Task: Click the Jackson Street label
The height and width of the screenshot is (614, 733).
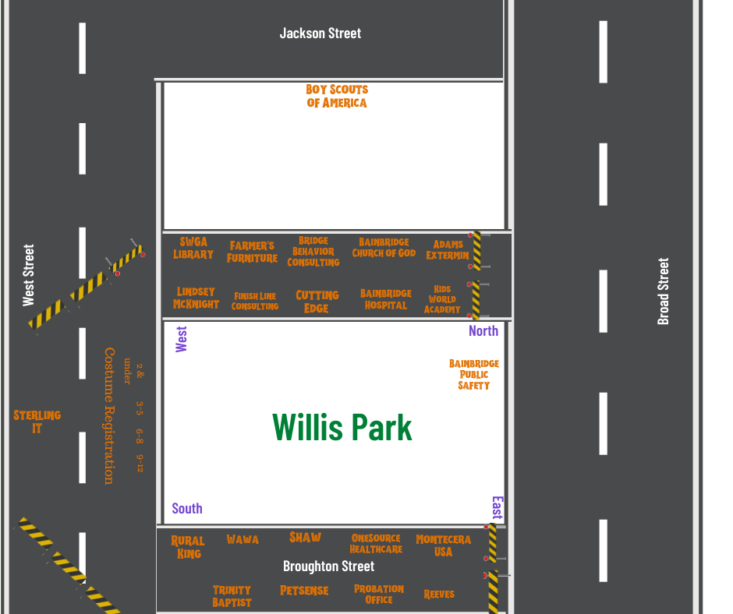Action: [320, 34]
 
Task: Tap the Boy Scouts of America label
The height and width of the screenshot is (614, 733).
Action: [337, 96]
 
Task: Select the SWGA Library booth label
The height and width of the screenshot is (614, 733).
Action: [193, 249]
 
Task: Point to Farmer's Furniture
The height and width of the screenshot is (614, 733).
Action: [252, 252]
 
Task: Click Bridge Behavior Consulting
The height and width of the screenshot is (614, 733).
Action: [313, 252]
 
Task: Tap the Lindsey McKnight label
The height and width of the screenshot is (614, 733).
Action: [196, 298]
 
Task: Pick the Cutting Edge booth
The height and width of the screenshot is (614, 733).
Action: [317, 302]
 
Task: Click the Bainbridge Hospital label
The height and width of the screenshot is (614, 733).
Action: [385, 299]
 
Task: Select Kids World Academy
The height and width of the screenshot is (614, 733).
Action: [442, 299]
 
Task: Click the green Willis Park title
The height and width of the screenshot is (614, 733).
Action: [342, 427]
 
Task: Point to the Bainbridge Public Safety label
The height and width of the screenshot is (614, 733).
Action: [474, 375]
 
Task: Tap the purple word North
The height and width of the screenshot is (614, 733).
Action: [483, 330]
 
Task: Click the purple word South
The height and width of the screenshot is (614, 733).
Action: [187, 509]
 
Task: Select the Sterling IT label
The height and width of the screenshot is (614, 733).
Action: [37, 422]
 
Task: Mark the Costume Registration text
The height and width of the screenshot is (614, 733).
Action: [109, 415]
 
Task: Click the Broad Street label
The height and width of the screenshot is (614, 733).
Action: [664, 291]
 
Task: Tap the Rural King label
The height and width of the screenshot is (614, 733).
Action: [188, 547]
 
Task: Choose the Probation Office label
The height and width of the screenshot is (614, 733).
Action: [379, 595]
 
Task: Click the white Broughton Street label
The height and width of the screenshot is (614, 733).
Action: [328, 566]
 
